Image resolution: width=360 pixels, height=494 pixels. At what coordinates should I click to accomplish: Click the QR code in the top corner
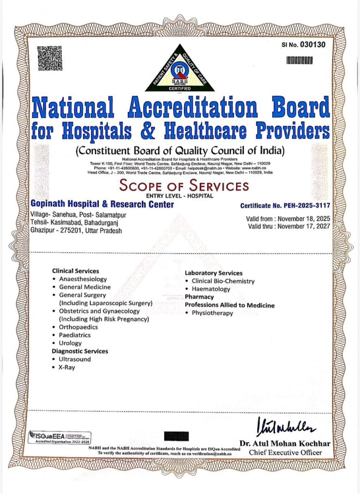49,58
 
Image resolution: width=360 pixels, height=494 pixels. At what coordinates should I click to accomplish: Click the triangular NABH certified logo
180,69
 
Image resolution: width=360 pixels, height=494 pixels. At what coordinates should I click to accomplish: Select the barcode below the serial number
299,60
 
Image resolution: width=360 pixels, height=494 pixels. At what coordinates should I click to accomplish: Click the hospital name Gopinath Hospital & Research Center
102,205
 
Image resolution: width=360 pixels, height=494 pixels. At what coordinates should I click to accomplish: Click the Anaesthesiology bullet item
83,279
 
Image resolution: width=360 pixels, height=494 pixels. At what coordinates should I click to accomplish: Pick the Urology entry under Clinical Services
70,343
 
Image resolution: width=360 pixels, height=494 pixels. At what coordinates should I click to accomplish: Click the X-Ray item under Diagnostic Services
67,367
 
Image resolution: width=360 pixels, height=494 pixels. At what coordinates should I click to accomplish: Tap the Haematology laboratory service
211,289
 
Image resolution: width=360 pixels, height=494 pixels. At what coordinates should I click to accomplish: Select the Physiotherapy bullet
212,313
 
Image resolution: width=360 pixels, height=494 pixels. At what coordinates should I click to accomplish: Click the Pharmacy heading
199,297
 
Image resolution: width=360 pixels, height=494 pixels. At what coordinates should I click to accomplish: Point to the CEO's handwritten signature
287,426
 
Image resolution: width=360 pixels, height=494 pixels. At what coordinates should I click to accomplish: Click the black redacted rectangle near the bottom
174,436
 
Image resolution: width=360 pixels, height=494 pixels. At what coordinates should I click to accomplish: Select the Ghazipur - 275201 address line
83,231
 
